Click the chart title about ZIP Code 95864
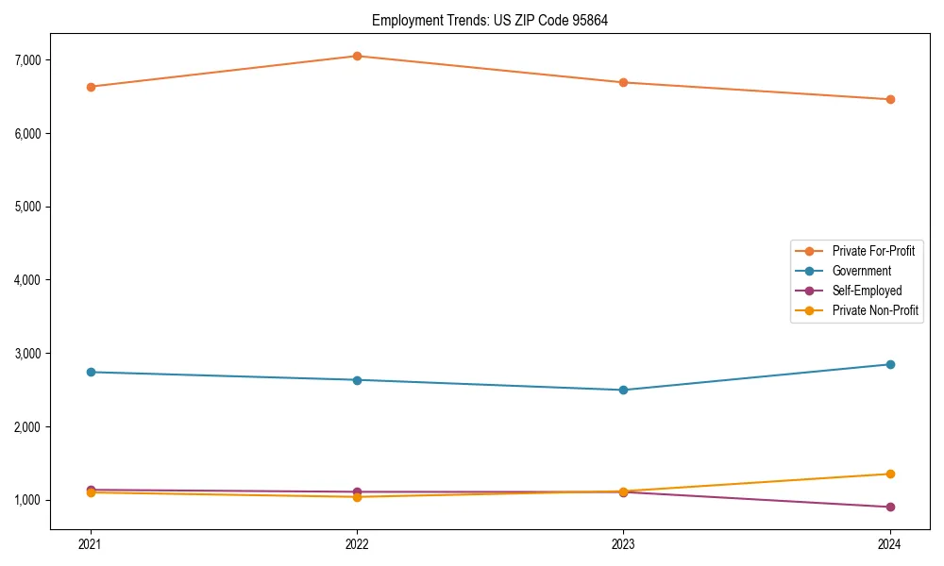pyautogui.click(x=489, y=20)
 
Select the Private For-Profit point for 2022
pyautogui.click(x=357, y=57)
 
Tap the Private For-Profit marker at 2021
pyautogui.click(x=91, y=87)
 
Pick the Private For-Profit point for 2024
pyautogui.click(x=889, y=99)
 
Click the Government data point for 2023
pyautogui.click(x=623, y=390)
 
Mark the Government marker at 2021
pyautogui.click(x=91, y=372)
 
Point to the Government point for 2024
pyautogui.click(x=889, y=364)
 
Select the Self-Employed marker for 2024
pyautogui.click(x=889, y=507)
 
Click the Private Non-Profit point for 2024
pyautogui.click(x=889, y=474)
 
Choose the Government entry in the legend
pyautogui.click(x=861, y=271)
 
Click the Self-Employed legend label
pyautogui.click(x=867, y=291)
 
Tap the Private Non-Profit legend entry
pyautogui.click(x=875, y=310)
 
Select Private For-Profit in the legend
pyautogui.click(x=873, y=251)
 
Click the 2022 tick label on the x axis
pyautogui.click(x=357, y=543)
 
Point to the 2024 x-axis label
pyautogui.click(x=889, y=543)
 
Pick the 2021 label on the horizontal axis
pyautogui.click(x=91, y=543)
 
